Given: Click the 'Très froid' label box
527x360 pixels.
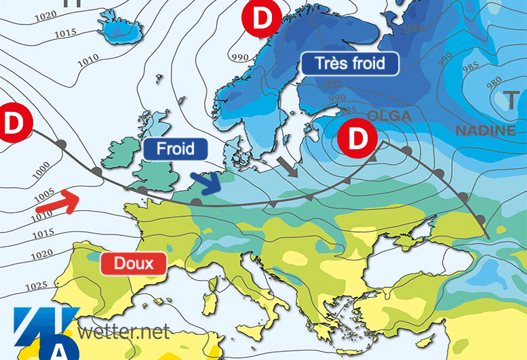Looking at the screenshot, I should pos(350,64).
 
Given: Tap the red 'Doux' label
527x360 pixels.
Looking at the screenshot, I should pos(133,263).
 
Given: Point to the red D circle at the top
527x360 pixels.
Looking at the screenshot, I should pos(262,18).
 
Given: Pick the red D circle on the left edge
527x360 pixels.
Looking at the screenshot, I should pos(12,123).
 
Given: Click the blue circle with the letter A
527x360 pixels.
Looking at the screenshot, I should pos(58,349).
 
